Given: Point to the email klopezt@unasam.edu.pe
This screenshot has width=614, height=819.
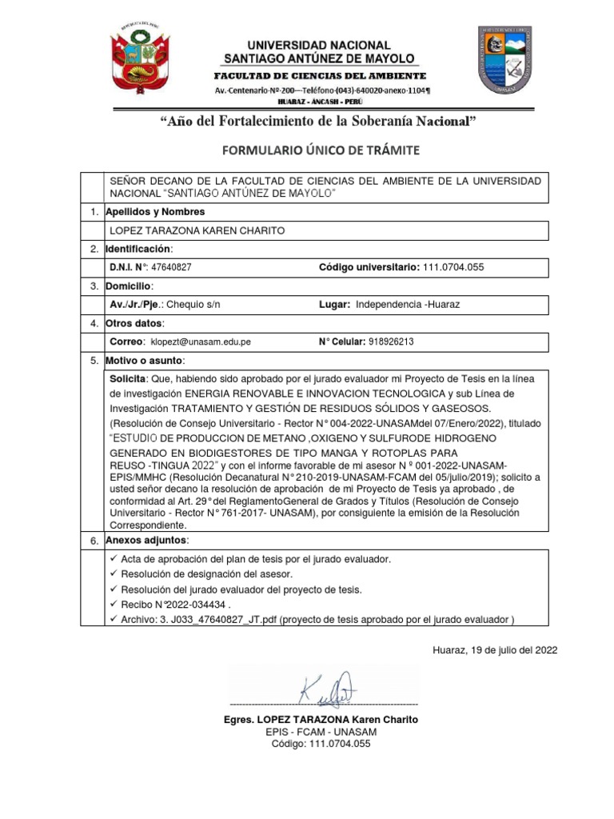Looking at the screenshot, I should (201, 342).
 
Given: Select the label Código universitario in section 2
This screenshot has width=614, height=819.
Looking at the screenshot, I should (369, 267).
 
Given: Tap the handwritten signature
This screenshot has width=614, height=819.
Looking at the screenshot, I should (328, 689).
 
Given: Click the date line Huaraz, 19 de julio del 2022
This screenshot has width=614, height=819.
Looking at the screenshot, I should (495, 649).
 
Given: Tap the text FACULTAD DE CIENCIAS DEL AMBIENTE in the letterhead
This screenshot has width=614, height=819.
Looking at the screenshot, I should (319, 75).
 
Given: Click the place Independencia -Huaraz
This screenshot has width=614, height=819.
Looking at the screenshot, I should (413, 305).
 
